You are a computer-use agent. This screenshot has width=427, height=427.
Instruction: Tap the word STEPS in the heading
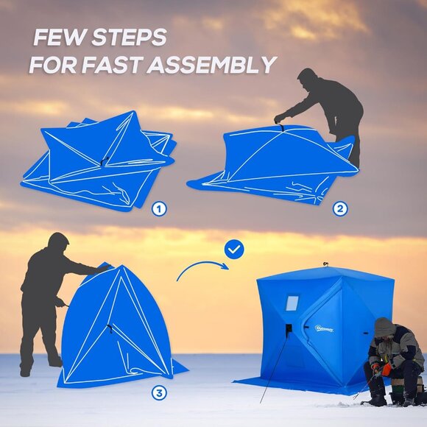(x=130, y=38)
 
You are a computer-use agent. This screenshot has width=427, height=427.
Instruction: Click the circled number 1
(x=159, y=208)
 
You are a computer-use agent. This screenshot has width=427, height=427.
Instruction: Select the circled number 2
(x=340, y=208)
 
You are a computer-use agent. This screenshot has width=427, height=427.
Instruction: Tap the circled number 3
(x=159, y=392)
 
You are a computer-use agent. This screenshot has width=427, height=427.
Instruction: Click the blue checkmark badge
(x=234, y=250)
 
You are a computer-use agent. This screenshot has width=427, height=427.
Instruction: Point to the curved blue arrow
(x=201, y=270)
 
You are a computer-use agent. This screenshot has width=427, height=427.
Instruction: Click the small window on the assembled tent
(x=292, y=303)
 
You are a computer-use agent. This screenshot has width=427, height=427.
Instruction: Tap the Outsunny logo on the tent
(x=324, y=328)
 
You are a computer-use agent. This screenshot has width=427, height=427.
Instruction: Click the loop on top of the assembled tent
(x=324, y=264)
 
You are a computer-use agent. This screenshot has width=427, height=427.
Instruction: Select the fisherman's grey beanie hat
(x=384, y=326)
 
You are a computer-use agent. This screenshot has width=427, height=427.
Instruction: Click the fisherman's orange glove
(x=385, y=365)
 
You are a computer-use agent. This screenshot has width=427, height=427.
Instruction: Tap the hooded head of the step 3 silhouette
(x=57, y=243)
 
